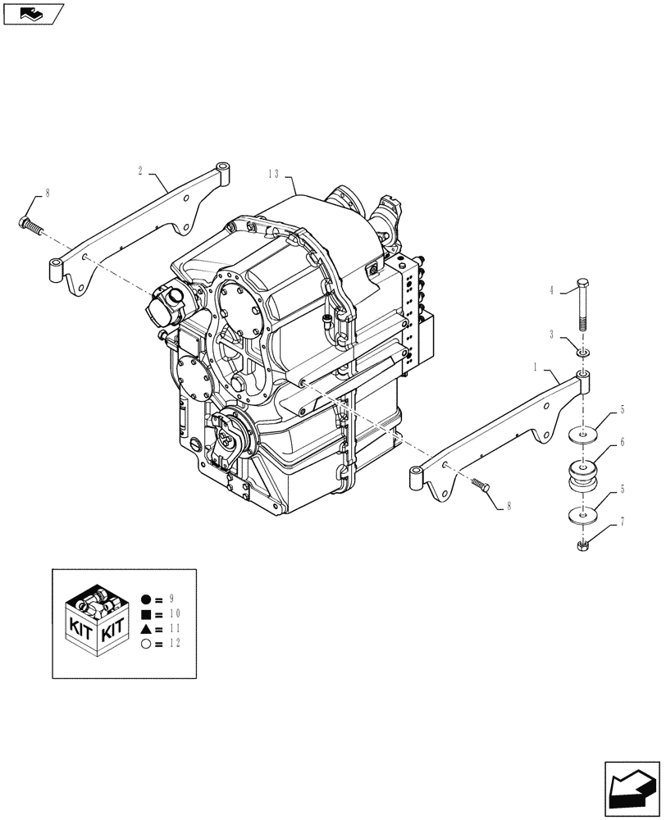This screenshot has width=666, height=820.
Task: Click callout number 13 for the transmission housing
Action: click(x=273, y=174)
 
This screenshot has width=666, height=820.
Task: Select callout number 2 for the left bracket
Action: click(x=140, y=171)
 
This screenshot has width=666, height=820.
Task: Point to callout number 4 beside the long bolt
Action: click(x=552, y=289)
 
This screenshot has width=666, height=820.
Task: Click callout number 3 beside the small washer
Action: click(x=552, y=336)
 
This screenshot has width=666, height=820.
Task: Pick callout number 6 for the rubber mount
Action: click(x=623, y=443)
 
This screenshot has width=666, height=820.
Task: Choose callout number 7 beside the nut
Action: click(x=623, y=522)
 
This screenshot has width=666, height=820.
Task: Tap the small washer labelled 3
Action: click(x=582, y=353)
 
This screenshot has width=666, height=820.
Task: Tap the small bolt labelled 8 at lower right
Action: click(x=481, y=487)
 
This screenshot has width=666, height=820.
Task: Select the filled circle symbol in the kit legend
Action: click(x=146, y=599)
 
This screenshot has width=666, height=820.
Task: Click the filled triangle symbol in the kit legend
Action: click(x=146, y=628)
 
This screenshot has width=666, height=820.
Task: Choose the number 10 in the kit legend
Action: click(x=175, y=613)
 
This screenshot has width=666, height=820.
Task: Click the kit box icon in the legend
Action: click(x=97, y=622)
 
